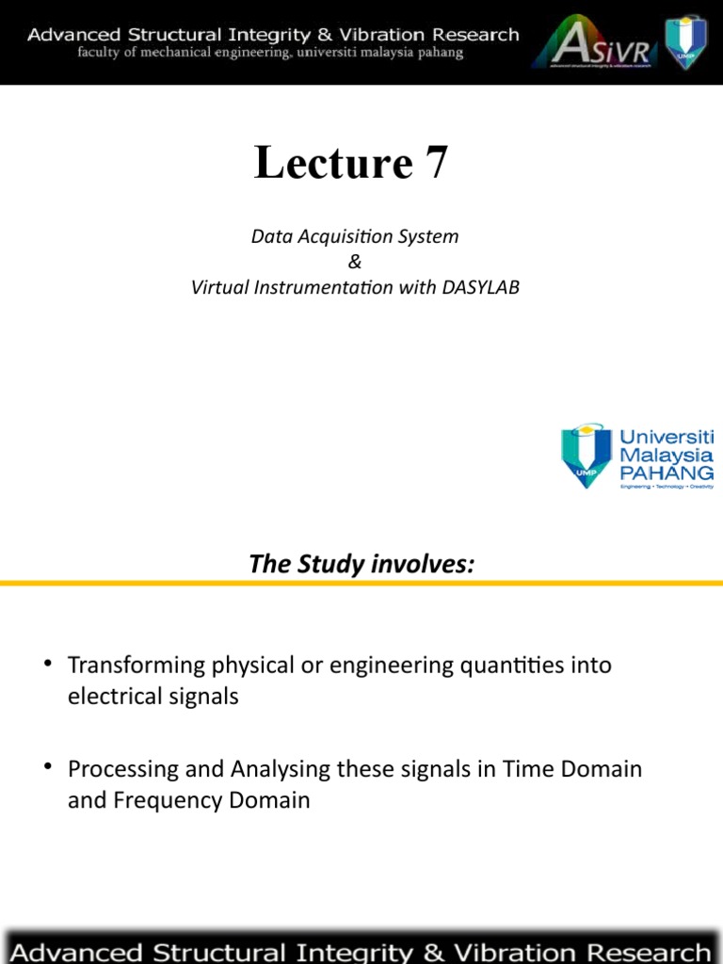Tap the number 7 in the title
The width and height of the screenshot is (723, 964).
pyautogui.click(x=436, y=163)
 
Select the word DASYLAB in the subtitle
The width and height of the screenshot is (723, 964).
pyautogui.click(x=480, y=287)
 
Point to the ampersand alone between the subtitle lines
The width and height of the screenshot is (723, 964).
pyautogui.click(x=354, y=262)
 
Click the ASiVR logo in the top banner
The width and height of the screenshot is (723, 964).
pyautogui.click(x=593, y=43)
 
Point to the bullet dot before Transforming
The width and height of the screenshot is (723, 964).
pyautogui.click(x=47, y=665)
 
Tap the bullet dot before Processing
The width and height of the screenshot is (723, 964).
pyautogui.click(x=47, y=768)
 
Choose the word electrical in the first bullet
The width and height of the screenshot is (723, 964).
pyautogui.click(x=113, y=698)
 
